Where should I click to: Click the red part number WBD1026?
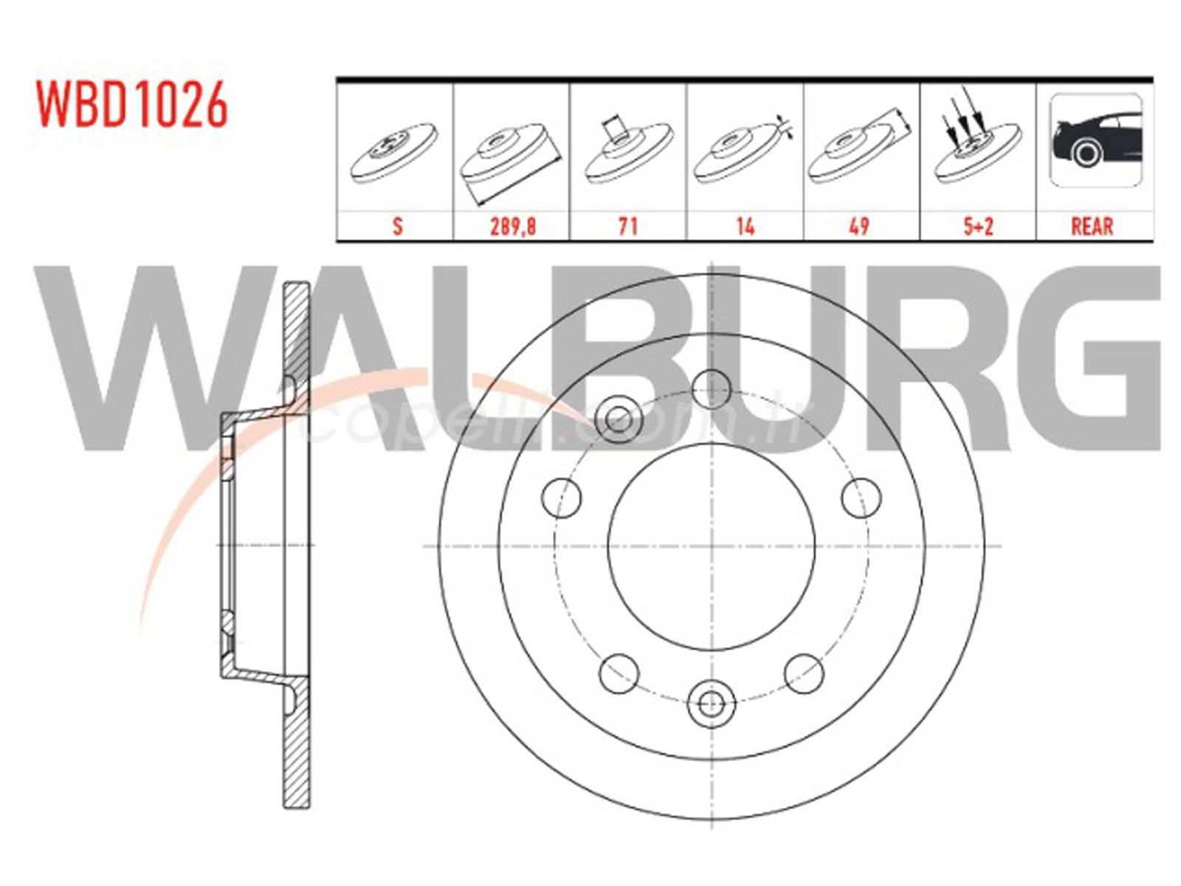pyautogui.click(x=132, y=105)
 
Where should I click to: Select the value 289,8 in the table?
pyautogui.click(x=512, y=226)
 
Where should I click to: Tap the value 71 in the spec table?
pyautogui.click(x=627, y=226)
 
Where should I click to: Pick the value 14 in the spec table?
pyautogui.click(x=745, y=226)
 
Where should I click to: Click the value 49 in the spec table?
pyautogui.click(x=860, y=226)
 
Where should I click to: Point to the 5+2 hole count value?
pyautogui.click(x=978, y=226)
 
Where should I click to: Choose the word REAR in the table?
pyautogui.click(x=1092, y=226)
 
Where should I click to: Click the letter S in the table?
pyautogui.click(x=397, y=226)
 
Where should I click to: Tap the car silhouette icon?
pyautogui.click(x=1095, y=140)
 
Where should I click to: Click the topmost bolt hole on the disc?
pyautogui.click(x=712, y=388)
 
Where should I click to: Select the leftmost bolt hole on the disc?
pyautogui.click(x=561, y=497)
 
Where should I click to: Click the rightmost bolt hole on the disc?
pyautogui.click(x=861, y=497)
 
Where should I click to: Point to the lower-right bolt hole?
pyautogui.click(x=804, y=673)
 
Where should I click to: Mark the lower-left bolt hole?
pyautogui.click(x=619, y=673)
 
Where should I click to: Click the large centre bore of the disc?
pyautogui.click(x=712, y=546)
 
